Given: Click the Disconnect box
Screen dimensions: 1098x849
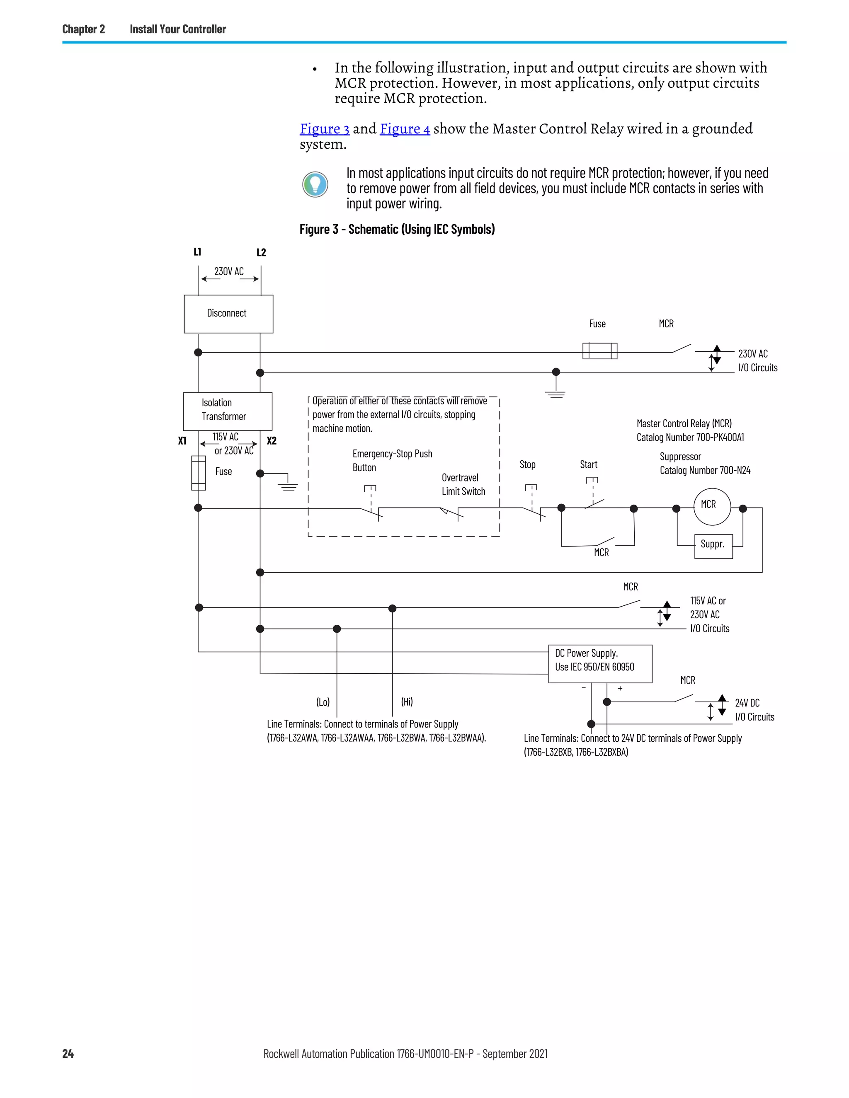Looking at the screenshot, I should point(228,314).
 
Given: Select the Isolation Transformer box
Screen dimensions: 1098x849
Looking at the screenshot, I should point(227,411).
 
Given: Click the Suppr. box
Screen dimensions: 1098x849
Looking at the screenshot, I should point(713,546).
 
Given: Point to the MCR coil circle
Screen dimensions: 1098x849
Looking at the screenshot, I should point(712,506).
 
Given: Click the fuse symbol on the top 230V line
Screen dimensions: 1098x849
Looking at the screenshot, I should point(599,351).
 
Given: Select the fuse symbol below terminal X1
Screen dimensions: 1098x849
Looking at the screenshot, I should point(198,473).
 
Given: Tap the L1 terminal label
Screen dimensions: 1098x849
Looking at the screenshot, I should point(197,252).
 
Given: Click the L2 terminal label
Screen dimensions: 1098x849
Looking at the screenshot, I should point(261,252).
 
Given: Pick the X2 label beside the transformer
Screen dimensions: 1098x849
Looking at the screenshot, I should point(272,441).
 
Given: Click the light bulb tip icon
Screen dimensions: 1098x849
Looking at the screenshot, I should point(315,184).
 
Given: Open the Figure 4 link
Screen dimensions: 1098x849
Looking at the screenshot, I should point(405,129).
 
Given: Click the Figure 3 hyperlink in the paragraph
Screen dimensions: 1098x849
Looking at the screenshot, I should point(325,129).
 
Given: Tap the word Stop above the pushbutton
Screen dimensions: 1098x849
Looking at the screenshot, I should point(527,464).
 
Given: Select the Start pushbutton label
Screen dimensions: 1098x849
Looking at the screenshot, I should point(589,464).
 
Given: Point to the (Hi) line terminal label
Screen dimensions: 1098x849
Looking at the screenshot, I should point(407,701).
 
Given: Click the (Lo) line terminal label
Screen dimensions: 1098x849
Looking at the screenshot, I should point(323,701).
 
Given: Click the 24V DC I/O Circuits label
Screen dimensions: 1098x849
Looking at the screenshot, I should point(754,710).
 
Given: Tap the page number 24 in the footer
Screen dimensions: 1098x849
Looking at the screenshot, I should point(68,1054).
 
